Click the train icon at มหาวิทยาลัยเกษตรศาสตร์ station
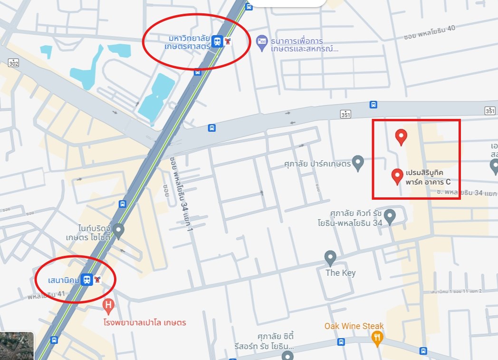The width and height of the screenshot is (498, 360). coord(217,41)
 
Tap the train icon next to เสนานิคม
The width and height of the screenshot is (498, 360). coord(87,280)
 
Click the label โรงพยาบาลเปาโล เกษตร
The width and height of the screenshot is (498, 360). coord(144,322)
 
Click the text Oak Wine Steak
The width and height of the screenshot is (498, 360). coord(354,326)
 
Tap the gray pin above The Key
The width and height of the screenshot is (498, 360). coord(330,258)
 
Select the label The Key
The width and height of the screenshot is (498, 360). coord(340,273)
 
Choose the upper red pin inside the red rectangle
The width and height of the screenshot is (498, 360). coord(402,136)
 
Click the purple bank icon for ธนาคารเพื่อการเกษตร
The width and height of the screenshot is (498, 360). coord(261,41)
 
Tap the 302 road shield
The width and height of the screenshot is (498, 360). coord(14,63)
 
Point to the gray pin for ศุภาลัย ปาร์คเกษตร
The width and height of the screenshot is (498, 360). coord(358,163)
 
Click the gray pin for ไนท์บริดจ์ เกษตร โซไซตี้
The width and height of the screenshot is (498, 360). coord(118,231)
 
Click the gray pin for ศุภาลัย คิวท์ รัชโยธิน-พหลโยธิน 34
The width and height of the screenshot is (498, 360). coord(390,216)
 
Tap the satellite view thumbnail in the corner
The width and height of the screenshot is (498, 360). coord(17,346)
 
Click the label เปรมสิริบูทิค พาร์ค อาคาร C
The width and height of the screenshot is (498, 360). coord(428,176)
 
